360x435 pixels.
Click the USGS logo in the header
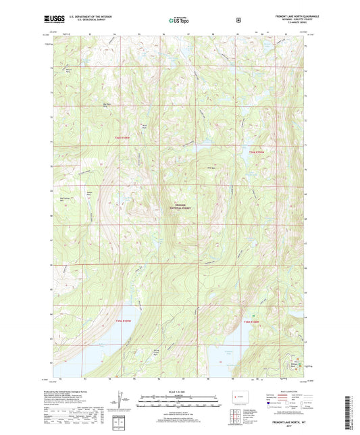(50, 21)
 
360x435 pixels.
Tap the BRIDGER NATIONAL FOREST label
(181, 207)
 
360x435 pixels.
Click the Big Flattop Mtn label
(66, 199)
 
